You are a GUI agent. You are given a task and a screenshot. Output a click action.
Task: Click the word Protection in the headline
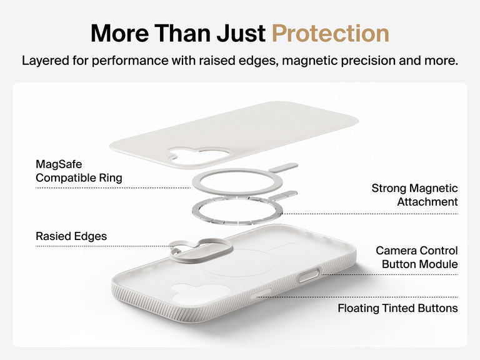331,33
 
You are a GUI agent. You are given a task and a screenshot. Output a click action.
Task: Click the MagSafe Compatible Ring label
79,171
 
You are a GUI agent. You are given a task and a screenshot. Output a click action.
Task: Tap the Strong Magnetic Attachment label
414,195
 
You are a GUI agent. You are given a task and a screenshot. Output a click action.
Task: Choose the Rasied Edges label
71,236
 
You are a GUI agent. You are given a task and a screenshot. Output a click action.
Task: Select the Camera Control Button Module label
416,257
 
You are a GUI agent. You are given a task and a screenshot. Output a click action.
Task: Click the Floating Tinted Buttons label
397,308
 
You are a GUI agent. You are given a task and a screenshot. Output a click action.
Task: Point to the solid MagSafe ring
237,182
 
